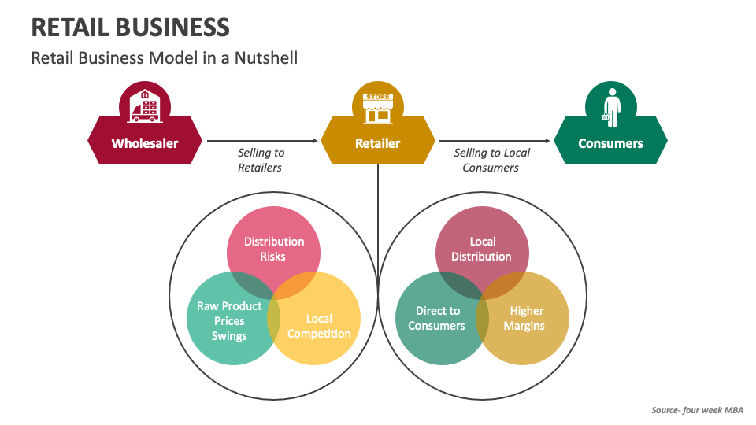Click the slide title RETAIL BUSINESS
(x=130, y=27)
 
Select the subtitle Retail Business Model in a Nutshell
(x=164, y=57)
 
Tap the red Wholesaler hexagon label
(x=144, y=143)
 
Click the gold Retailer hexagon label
(x=377, y=143)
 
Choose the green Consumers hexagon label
(x=610, y=143)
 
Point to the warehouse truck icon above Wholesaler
(x=144, y=105)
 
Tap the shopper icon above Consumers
(x=610, y=106)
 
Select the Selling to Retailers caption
(x=261, y=160)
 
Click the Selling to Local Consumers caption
(x=491, y=160)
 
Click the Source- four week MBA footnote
(x=696, y=410)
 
